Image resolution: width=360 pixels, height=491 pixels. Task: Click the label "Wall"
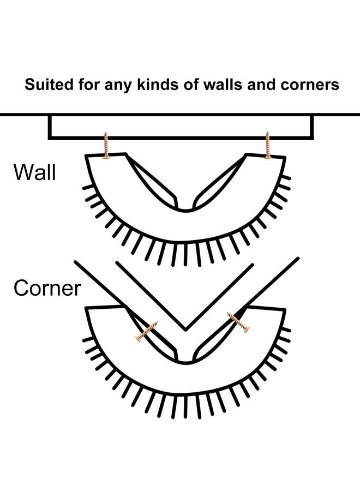click(34, 172)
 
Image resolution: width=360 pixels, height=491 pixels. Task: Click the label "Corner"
click(47, 288)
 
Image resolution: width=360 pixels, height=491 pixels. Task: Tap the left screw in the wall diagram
click(106, 145)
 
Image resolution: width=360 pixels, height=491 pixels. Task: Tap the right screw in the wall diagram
click(267, 145)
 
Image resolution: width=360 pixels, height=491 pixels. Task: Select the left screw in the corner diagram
click(147, 332)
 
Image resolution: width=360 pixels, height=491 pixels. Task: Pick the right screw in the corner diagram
click(238, 322)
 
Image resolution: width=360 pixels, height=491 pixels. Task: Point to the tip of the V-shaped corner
click(185, 330)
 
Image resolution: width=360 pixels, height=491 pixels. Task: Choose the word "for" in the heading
click(88, 85)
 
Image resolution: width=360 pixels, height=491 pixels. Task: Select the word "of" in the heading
click(191, 85)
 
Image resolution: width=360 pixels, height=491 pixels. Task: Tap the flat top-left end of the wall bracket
click(106, 154)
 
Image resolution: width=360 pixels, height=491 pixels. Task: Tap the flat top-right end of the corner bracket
click(266, 307)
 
